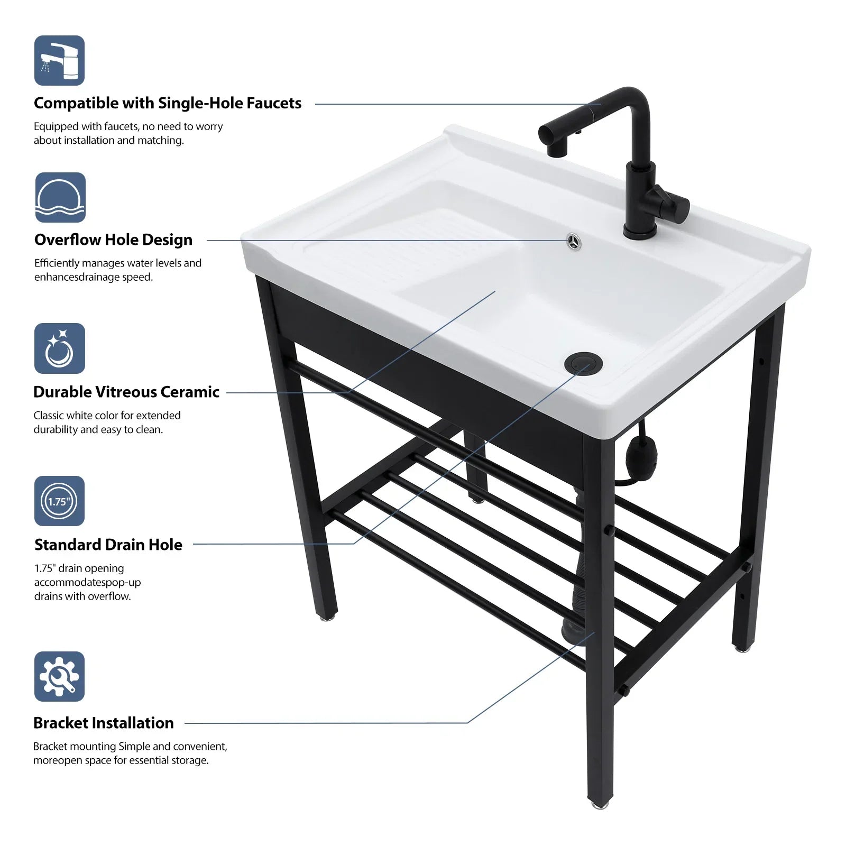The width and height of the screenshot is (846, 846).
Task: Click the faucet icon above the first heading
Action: point(59,60)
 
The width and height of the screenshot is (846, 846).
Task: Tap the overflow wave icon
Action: point(60,197)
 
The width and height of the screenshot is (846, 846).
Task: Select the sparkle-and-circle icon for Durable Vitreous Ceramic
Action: point(59,348)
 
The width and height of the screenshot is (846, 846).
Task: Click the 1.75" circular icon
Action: point(59,501)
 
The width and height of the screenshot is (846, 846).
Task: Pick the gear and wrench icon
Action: point(59,676)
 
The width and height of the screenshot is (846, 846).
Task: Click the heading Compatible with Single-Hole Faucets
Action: point(168,103)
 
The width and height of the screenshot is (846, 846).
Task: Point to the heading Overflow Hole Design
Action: point(113,240)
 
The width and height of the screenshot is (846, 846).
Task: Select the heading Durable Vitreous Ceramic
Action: point(126,392)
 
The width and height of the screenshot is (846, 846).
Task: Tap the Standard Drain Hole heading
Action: point(108,545)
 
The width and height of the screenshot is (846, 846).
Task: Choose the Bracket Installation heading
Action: point(104,723)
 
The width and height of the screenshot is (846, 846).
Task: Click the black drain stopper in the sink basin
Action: point(583,363)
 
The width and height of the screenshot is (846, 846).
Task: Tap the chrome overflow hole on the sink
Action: point(573,241)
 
